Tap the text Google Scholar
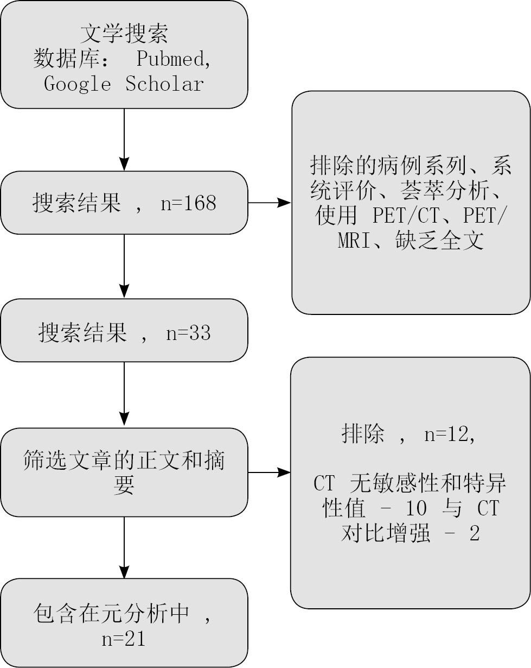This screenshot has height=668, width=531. [124, 84]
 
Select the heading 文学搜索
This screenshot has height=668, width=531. [124, 33]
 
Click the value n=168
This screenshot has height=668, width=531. [188, 203]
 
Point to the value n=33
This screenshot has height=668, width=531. [188, 332]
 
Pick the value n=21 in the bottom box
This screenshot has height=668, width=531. [124, 639]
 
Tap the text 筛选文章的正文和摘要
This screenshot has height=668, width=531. [124, 472]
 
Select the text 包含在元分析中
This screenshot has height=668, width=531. [111, 614]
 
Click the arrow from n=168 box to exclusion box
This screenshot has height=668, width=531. [270, 203]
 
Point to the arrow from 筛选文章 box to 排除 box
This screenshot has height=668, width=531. [270, 472]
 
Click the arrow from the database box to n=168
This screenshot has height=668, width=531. [124, 140]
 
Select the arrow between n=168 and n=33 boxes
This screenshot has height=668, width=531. [124, 266]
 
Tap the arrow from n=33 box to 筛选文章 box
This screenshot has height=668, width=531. [124, 394]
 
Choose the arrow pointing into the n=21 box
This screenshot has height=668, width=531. [124, 547]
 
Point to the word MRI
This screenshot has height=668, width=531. [353, 241]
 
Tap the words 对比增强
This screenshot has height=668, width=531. [386, 534]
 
